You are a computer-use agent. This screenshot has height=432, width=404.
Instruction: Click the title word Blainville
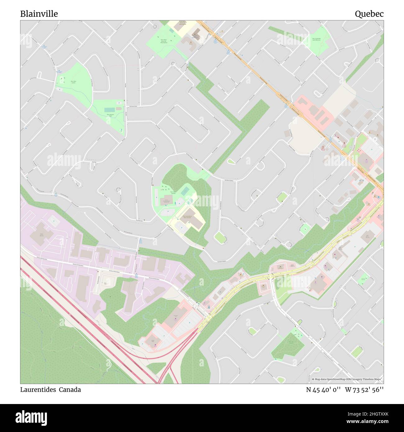pyautogui.click(x=39, y=14)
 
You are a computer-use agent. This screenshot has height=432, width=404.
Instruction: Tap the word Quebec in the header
pyautogui.click(x=369, y=14)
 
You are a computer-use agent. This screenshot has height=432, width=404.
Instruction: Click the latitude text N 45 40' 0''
pyautogui.click(x=323, y=390)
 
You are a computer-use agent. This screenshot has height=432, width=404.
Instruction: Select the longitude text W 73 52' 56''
pyautogui.click(x=364, y=390)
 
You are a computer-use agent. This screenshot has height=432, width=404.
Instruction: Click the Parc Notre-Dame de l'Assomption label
pyautogui.click(x=164, y=41)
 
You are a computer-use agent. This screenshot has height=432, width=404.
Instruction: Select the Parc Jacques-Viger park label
pyautogui.click(x=110, y=115)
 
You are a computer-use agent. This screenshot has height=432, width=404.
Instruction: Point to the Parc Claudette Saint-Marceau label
pyautogui.click(x=316, y=39)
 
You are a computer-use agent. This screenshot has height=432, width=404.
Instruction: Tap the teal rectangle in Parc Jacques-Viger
pyautogui.click(x=109, y=110)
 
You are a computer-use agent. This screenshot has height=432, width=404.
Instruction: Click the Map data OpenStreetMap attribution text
pyautogui.click(x=346, y=379)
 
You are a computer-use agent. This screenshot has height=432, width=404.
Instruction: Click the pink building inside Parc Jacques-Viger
pyautogui.click(x=119, y=109)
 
